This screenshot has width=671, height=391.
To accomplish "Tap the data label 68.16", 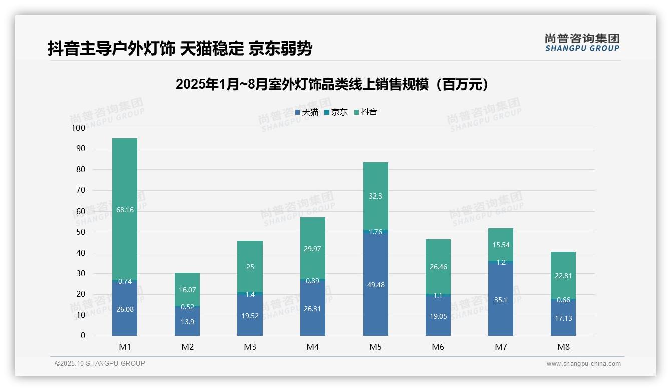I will (x=125, y=210).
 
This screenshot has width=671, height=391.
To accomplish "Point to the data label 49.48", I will (x=375, y=285).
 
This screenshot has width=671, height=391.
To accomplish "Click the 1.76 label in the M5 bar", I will (x=375, y=232).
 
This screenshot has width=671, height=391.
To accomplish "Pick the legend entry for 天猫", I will (x=307, y=112).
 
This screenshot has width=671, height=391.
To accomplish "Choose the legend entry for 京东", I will (x=336, y=112).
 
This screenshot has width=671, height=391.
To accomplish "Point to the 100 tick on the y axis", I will (x=79, y=128).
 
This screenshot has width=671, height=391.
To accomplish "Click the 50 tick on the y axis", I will (x=81, y=232).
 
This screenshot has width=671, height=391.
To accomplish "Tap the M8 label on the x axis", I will (x=563, y=347).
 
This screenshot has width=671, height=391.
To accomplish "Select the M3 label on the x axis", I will (x=250, y=347).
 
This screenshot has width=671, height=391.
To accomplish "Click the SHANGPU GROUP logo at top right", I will (x=582, y=43).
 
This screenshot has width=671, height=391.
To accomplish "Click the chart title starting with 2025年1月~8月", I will (x=332, y=84).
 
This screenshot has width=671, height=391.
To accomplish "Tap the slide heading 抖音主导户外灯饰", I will (x=180, y=49).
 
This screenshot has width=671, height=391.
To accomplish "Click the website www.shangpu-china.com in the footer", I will (x=583, y=364).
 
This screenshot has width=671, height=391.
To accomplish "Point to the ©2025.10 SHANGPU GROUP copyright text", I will (x=100, y=363).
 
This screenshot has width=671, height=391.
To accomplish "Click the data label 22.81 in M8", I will (x=563, y=275).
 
